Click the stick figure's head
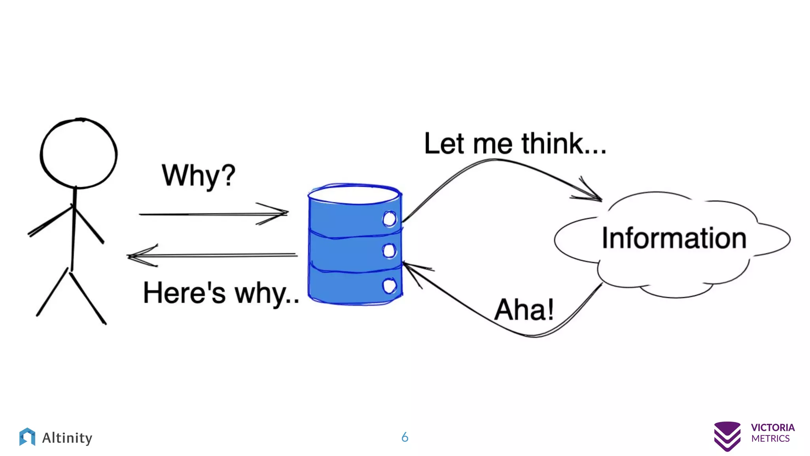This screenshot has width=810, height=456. coord(79,153)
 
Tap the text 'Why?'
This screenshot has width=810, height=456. coord(199,175)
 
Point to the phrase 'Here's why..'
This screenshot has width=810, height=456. coord(221,293)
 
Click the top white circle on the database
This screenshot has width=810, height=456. coord(389,219)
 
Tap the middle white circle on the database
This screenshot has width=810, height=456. coord(389,251)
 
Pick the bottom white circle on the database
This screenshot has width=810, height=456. coord(389,285)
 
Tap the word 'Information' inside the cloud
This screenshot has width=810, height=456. coord(674,238)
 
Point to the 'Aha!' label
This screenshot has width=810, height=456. coord(524,310)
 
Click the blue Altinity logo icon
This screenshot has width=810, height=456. coord(27,437)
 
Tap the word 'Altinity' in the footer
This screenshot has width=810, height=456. coord(67,438)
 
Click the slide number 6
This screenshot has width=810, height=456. coord(405,437)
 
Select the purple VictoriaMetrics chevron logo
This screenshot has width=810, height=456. coord(727,436)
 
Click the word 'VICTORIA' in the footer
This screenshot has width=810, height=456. coord(772,427)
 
